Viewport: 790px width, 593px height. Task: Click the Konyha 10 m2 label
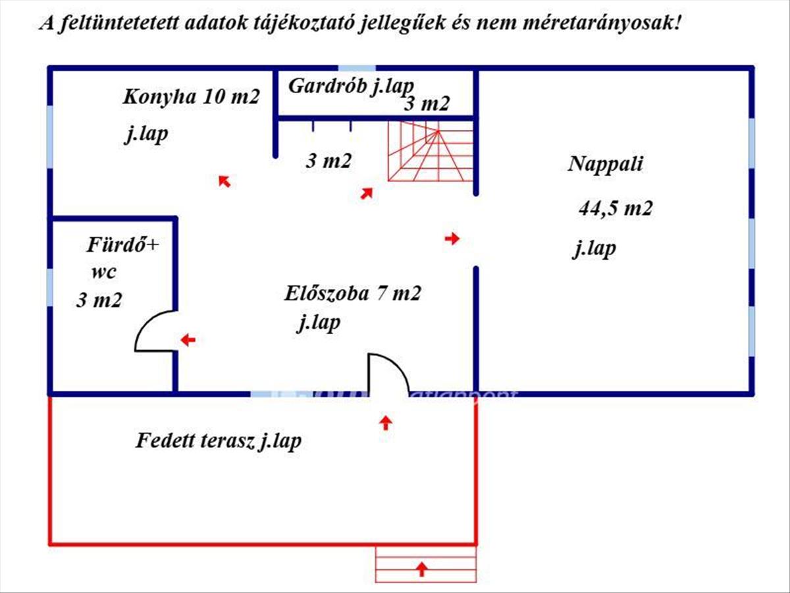(x=191, y=98)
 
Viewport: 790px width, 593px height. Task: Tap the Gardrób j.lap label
(x=351, y=86)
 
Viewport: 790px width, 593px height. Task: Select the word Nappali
(x=605, y=164)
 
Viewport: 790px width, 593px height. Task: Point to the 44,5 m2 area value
(x=615, y=209)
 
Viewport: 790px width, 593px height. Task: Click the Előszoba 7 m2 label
(x=352, y=293)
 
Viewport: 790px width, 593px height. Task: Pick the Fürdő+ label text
(x=122, y=246)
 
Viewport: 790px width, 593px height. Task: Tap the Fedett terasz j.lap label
(x=219, y=441)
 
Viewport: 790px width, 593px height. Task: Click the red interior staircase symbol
(x=431, y=151)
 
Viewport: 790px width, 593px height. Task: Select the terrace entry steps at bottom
(x=425, y=565)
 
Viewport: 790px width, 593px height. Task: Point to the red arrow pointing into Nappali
(x=452, y=239)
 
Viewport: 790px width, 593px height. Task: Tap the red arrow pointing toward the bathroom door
(x=188, y=340)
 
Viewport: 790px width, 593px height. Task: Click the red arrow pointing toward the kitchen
(x=224, y=181)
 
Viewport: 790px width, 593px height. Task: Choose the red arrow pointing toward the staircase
(x=367, y=193)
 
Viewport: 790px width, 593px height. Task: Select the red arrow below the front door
(x=386, y=422)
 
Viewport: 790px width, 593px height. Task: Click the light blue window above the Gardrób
(x=357, y=67)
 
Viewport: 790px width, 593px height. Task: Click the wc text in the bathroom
(x=103, y=273)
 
